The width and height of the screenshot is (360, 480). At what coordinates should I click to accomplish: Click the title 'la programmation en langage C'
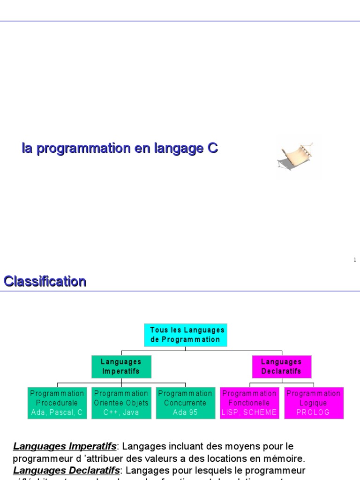120,149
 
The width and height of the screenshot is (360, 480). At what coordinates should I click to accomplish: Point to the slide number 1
355,260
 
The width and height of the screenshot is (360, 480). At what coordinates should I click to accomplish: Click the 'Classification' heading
45,281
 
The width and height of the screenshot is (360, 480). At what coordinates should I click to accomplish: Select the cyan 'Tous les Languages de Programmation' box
186,335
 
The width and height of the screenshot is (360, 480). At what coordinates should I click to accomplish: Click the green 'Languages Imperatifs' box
121,367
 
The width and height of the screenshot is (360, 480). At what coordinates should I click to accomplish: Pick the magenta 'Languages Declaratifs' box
281,367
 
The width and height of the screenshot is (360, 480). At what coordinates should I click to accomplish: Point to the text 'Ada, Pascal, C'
57,412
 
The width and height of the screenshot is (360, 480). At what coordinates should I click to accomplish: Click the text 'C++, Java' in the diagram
121,412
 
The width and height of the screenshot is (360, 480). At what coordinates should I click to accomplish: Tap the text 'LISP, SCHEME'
249,412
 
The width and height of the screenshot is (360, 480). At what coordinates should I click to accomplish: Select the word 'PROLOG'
314,412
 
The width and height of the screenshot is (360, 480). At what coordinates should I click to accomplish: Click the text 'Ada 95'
185,412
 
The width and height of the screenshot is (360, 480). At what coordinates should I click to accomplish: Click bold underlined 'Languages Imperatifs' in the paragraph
64,446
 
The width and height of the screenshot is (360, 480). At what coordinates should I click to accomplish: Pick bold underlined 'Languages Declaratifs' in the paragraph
66,470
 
